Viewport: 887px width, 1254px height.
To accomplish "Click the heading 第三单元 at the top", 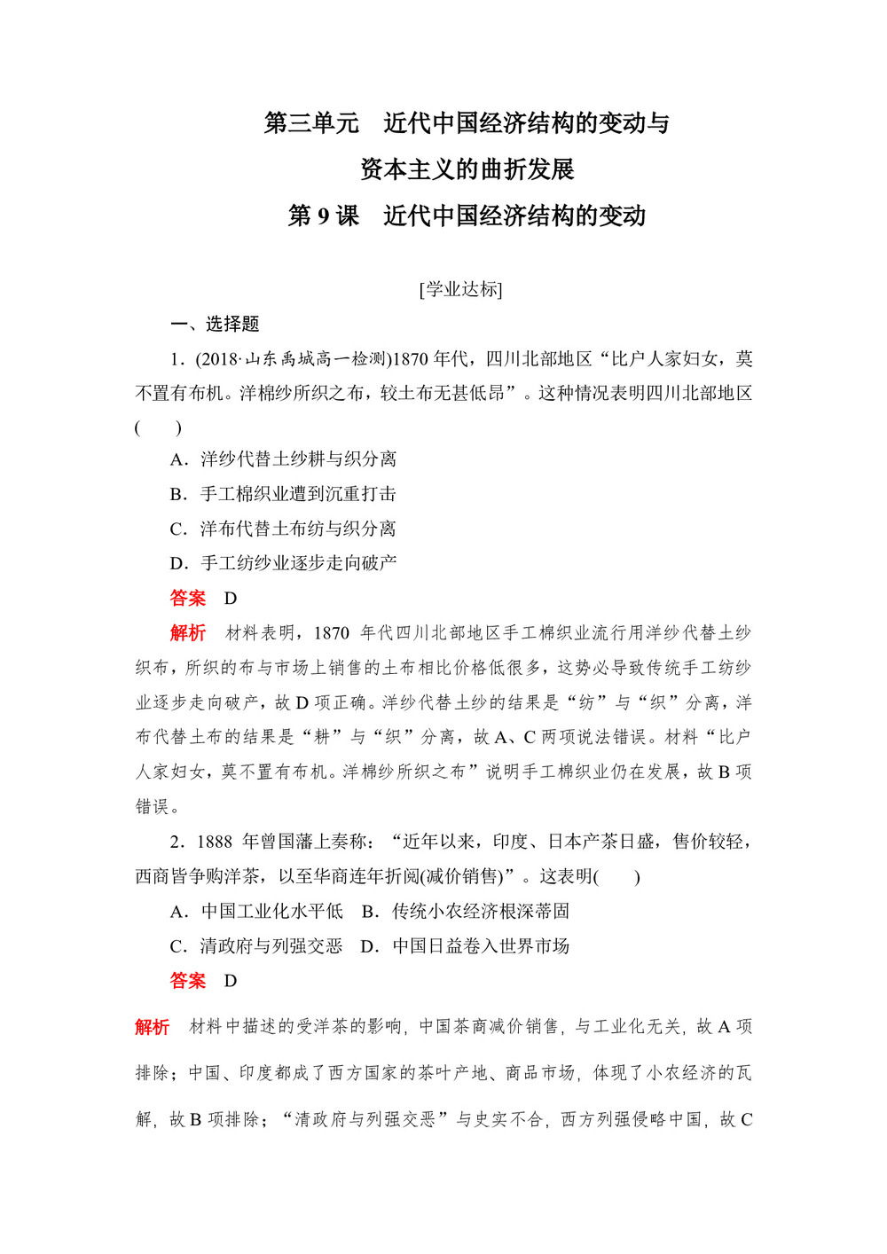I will tap(311, 123).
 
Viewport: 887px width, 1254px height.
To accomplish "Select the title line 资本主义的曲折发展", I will tap(467, 169).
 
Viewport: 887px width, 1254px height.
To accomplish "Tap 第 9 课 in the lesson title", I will tap(323, 216).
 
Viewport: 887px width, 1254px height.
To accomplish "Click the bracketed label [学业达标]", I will tap(461, 289).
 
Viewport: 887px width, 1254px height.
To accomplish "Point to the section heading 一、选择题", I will tap(215, 325).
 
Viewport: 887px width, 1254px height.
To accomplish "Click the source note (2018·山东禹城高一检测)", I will tap(291, 359).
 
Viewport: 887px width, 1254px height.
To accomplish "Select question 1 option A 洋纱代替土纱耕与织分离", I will tap(284, 459).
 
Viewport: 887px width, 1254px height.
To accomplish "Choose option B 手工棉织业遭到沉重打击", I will tap(284, 494).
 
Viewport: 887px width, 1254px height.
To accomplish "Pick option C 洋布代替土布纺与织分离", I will tap(284, 529).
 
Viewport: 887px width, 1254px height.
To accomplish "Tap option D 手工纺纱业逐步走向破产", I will tap(284, 563).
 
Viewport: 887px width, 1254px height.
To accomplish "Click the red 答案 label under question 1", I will tap(188, 599).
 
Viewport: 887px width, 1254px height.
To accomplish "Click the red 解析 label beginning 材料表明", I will tap(188, 633).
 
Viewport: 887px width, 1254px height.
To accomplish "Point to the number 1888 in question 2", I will tap(215, 842).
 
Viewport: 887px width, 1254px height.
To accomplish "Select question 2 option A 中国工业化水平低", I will tap(257, 912).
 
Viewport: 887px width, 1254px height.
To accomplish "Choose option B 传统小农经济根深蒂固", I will tap(467, 912).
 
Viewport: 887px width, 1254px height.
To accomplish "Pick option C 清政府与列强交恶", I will tap(257, 946).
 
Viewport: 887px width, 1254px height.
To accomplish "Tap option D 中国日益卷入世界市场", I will tap(467, 946).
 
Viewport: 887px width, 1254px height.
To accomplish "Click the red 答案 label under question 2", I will tap(188, 981).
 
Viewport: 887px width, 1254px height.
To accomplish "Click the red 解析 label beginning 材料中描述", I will tap(153, 1027).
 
